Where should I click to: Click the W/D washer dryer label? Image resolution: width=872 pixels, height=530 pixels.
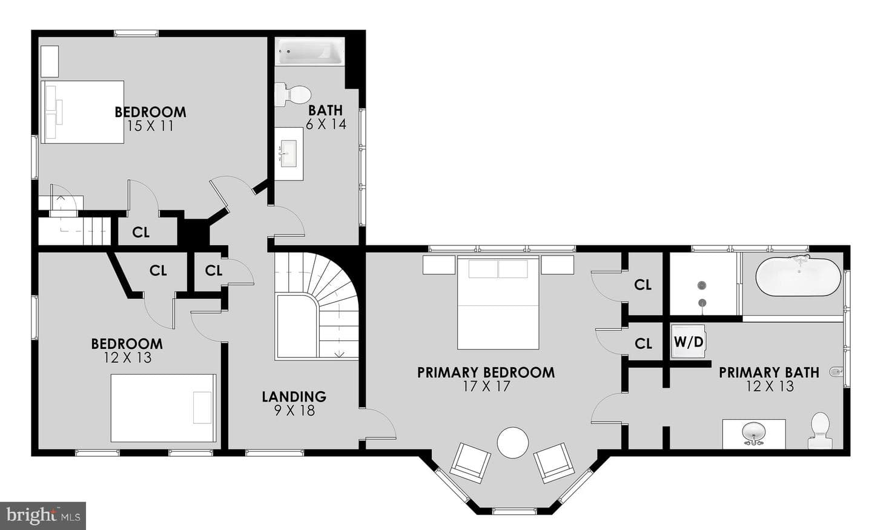(x=689, y=342)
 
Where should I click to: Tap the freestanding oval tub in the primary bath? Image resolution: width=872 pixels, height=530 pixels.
(x=798, y=276)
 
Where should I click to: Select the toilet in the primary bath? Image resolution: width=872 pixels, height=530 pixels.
(x=819, y=430)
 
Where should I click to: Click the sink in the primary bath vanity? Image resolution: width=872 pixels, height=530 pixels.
(x=754, y=433)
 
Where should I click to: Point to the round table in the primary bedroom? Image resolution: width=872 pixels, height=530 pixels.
(x=513, y=442)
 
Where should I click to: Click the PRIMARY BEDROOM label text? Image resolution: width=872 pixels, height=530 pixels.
(x=486, y=373)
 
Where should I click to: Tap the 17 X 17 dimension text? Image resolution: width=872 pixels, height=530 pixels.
(x=486, y=386)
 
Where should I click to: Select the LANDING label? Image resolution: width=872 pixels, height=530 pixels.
(x=294, y=396)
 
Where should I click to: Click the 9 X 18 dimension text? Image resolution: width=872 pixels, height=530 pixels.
(x=294, y=411)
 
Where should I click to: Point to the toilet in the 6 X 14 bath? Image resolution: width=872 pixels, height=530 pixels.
(x=292, y=94)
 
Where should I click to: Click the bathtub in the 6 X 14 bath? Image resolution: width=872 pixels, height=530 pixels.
(x=310, y=51)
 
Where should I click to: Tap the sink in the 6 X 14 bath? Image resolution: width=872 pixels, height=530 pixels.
(x=288, y=153)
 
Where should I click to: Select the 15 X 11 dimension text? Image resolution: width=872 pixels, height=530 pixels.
(x=150, y=126)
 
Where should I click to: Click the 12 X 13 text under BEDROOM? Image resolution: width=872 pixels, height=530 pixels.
(x=127, y=357)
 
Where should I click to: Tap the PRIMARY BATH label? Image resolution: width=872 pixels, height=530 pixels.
(x=769, y=373)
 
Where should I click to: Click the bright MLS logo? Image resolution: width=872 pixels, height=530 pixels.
(x=43, y=516)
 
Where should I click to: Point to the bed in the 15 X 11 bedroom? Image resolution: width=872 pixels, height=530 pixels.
(x=82, y=112)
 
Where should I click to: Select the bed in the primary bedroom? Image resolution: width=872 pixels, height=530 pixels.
(x=498, y=302)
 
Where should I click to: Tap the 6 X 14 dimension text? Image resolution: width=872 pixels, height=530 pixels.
(x=326, y=124)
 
